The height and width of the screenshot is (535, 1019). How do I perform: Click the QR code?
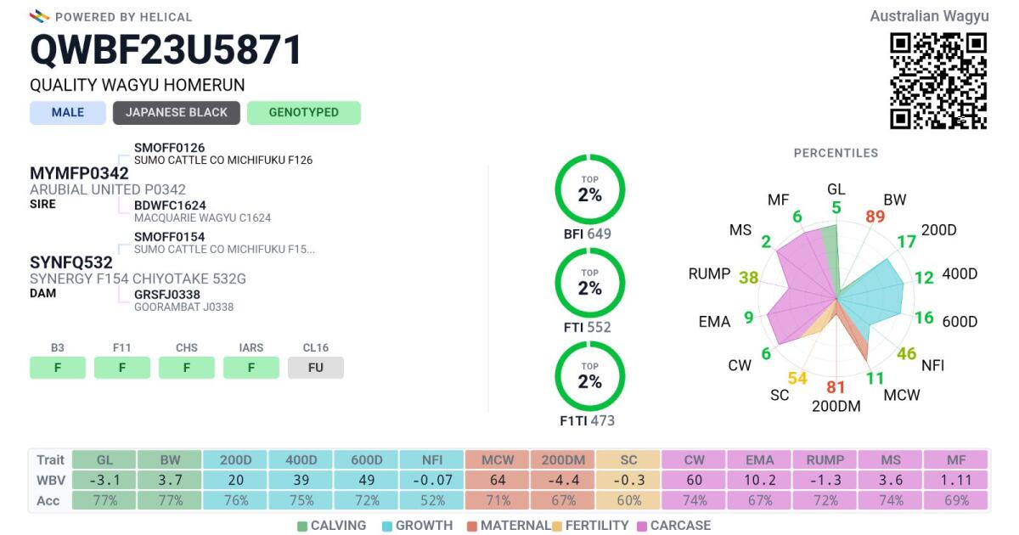click(938, 81)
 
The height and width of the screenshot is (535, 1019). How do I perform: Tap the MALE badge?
click(68, 113)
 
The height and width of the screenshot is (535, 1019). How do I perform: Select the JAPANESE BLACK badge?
click(177, 113)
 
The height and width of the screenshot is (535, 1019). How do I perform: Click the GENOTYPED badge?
click(303, 113)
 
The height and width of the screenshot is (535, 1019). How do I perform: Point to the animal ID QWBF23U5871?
click(166, 50)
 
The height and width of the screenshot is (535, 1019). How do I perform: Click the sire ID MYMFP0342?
click(79, 173)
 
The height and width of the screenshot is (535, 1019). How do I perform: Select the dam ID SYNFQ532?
click(71, 262)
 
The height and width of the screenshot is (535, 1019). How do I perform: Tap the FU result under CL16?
click(316, 368)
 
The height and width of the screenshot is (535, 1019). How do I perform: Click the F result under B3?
click(58, 368)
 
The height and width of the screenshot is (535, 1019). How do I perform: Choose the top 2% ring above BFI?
click(589, 190)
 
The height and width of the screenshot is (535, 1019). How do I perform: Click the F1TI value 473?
click(602, 420)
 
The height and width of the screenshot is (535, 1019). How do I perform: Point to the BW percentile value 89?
click(875, 217)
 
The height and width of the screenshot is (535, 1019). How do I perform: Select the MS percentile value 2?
click(766, 242)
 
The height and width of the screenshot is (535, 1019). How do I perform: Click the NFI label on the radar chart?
click(933, 365)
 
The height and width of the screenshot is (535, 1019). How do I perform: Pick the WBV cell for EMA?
click(760, 480)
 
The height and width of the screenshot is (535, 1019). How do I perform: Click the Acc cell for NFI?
click(432, 500)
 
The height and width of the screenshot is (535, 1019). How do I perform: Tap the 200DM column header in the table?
click(564, 459)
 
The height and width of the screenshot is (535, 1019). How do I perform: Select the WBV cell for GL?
click(104, 480)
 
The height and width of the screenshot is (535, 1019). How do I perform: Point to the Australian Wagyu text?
click(929, 16)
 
